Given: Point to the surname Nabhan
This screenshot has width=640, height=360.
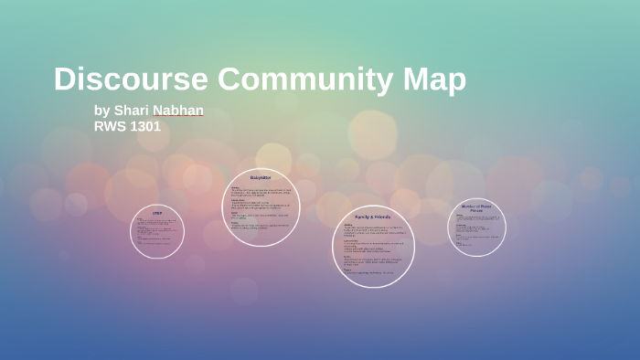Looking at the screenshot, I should (x=178, y=111).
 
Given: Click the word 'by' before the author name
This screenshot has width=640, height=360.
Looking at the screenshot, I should (x=101, y=111).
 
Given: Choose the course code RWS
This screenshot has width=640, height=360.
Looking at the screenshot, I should (x=111, y=126).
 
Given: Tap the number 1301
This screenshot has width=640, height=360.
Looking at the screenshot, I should (x=146, y=126).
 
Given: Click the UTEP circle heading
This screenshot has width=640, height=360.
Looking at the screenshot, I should (x=157, y=213).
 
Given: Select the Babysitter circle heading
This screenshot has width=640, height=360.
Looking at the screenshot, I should (x=261, y=177).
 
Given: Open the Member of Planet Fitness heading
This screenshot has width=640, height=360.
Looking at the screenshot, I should (x=476, y=208).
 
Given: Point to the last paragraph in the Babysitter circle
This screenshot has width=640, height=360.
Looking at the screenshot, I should (x=261, y=226).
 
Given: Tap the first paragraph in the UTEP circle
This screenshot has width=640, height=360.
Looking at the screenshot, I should (x=156, y=222).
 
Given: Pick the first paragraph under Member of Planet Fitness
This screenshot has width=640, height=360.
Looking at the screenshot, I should (x=477, y=218).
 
